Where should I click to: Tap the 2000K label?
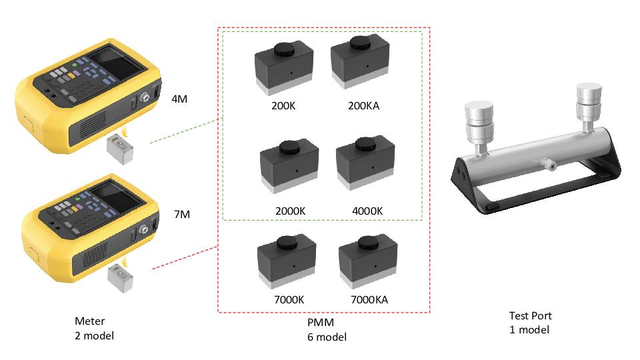(289, 211)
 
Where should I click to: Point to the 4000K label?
(367, 211)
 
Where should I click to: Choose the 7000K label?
(288, 300)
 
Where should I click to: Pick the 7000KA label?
(369, 300)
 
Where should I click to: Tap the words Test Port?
(530, 316)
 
